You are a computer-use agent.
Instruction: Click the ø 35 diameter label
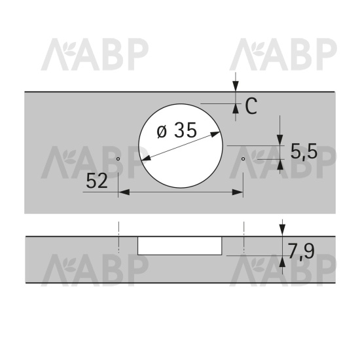(x=177, y=130)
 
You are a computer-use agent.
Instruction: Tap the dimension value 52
(x=97, y=181)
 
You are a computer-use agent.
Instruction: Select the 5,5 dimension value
(x=304, y=151)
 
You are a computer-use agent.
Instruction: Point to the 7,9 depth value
(x=301, y=251)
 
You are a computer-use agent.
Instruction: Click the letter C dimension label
(x=251, y=106)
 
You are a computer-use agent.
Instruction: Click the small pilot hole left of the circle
(x=118, y=158)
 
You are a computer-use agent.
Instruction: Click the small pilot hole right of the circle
(x=243, y=158)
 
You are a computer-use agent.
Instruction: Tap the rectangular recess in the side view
(x=180, y=245)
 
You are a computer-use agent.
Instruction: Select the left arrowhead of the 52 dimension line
(x=124, y=192)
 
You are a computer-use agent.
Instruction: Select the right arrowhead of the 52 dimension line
(x=238, y=192)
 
